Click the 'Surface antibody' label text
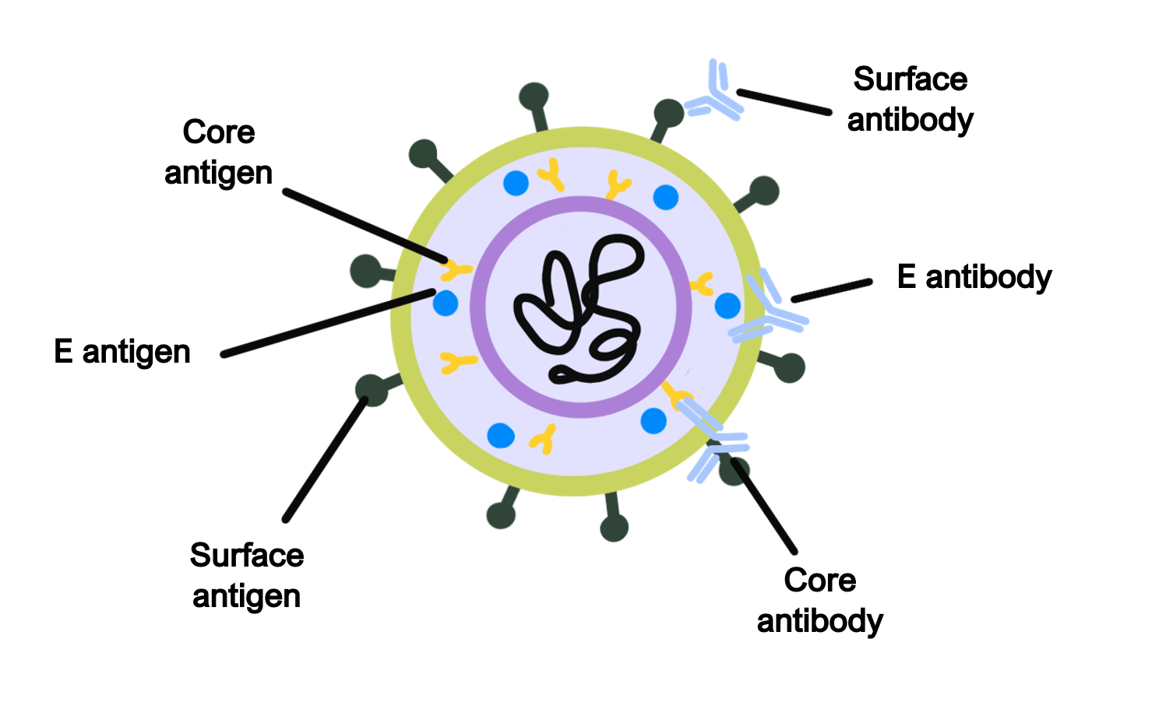click(x=910, y=100)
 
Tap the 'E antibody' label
click(x=974, y=277)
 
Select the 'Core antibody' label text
click(x=819, y=601)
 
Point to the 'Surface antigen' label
click(x=246, y=576)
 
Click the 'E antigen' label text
click(x=122, y=352)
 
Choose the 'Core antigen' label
click(x=219, y=153)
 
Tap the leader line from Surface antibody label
click(x=783, y=102)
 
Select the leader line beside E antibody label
click(x=831, y=290)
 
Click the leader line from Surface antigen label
click(x=326, y=459)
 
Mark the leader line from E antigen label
click(x=327, y=323)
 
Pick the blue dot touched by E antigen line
click(x=446, y=303)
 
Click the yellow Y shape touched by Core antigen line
click(x=455, y=270)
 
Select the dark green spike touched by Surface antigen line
click(x=372, y=388)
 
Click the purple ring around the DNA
click(x=581, y=205)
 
